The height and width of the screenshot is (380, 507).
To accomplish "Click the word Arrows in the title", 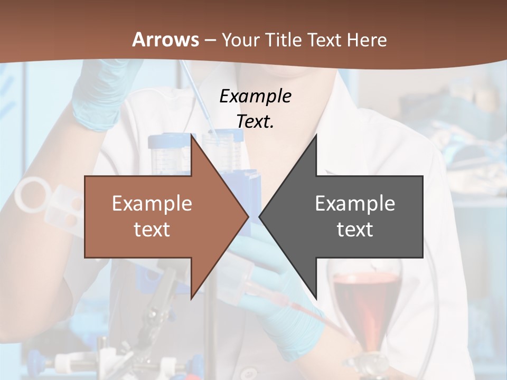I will [x=165, y=40].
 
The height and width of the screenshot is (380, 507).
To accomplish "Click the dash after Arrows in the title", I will [x=210, y=41].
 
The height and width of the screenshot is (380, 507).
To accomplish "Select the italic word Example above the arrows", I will [x=255, y=96].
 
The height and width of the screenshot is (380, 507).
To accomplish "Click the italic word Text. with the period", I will [x=255, y=121].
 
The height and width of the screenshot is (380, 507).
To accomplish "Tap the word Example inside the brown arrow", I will [x=152, y=203].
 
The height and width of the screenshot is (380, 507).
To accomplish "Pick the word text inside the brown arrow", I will [x=152, y=229].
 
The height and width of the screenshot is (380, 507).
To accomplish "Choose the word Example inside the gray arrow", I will [x=355, y=203].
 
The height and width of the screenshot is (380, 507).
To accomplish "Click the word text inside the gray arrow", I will [x=355, y=229].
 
